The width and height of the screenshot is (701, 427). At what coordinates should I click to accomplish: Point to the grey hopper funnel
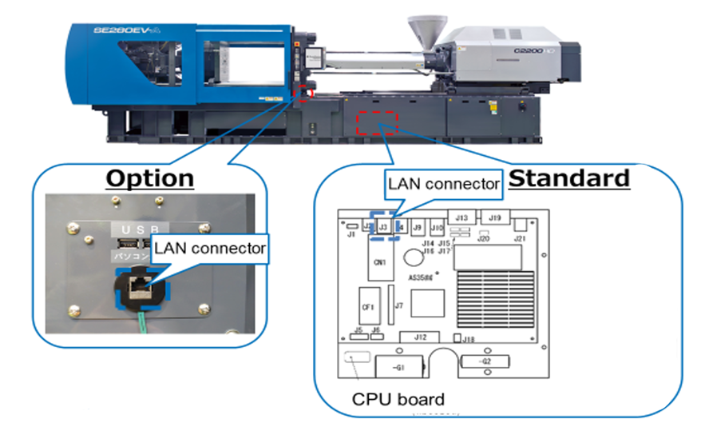(420, 29)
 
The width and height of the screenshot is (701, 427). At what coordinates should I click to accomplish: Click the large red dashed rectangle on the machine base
(376, 125)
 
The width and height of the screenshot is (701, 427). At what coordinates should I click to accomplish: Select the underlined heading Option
(150, 178)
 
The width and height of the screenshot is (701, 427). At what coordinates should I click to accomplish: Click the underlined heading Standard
(568, 178)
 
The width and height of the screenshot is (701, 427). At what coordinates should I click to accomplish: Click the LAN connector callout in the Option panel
(210, 249)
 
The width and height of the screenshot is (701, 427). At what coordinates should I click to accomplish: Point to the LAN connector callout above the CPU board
(443, 183)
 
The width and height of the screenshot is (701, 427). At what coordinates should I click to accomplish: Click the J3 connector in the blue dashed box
(383, 227)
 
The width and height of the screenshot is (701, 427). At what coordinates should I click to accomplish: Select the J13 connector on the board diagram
(461, 217)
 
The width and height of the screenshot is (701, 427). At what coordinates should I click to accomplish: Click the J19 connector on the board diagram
(494, 217)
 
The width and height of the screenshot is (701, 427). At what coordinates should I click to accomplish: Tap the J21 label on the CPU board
(521, 238)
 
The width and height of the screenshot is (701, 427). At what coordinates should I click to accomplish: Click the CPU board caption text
(398, 398)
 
